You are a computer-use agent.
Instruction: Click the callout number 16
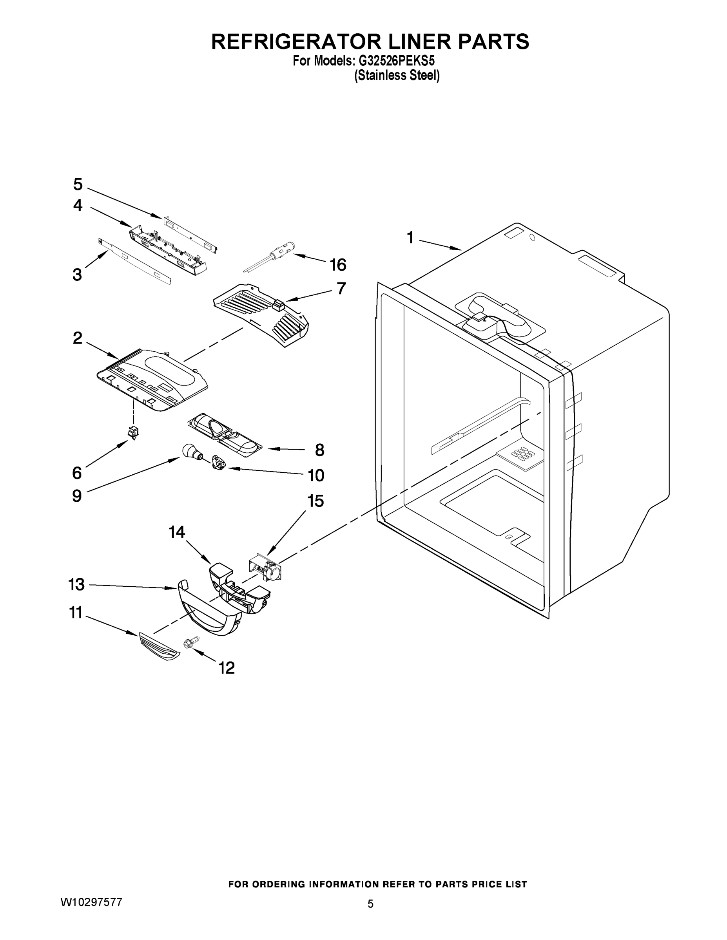[338, 265]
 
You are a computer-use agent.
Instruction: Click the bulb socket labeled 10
[218, 465]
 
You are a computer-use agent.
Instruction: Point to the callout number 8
[319, 450]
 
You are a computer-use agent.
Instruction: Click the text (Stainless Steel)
[397, 76]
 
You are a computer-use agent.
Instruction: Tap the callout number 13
[77, 584]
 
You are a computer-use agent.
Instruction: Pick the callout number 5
[78, 184]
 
